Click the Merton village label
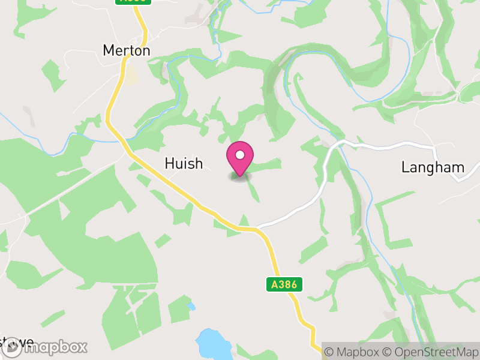coord(127,50)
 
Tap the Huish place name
coord(184,163)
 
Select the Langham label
coord(433,167)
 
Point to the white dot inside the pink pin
coord(239,155)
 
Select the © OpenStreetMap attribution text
coord(431,352)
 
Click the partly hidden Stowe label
coord(17,342)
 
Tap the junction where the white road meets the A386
coord(257,229)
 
